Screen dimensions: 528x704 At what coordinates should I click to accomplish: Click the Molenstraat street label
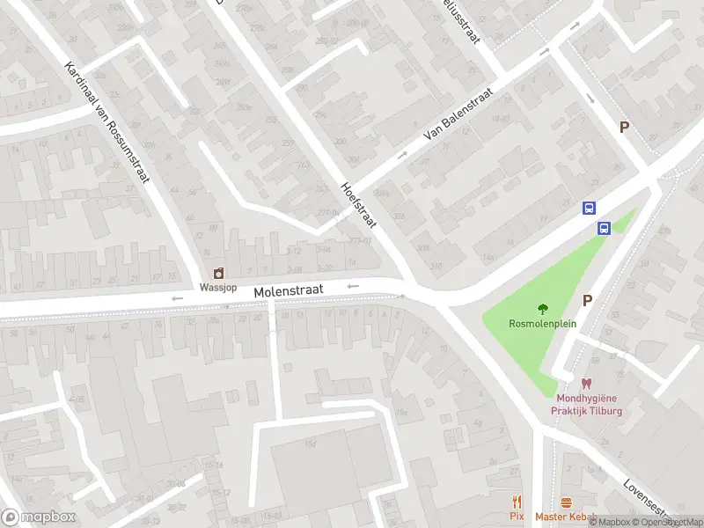tap(289, 290)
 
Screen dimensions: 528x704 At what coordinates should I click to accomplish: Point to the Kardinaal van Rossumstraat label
tap(106, 122)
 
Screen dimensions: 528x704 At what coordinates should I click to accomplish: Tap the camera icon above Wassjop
tap(217, 274)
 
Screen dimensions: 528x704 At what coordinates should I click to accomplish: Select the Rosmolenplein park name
tap(542, 323)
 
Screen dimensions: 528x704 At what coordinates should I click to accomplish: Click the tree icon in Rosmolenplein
tap(542, 309)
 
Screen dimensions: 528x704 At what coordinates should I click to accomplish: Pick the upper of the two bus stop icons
tap(589, 209)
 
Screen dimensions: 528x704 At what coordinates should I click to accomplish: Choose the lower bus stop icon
tap(605, 228)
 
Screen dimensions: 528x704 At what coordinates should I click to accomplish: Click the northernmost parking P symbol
tap(624, 127)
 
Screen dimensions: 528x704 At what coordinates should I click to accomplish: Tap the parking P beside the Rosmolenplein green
tap(587, 300)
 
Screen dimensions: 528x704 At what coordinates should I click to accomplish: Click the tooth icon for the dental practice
tap(586, 383)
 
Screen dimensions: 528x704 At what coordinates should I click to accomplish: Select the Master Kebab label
tap(566, 516)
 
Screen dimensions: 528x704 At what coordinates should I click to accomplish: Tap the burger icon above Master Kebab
tap(566, 502)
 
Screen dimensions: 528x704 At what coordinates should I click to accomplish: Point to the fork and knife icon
tap(517, 502)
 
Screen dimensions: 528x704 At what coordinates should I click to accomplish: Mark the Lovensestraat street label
tap(647, 498)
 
